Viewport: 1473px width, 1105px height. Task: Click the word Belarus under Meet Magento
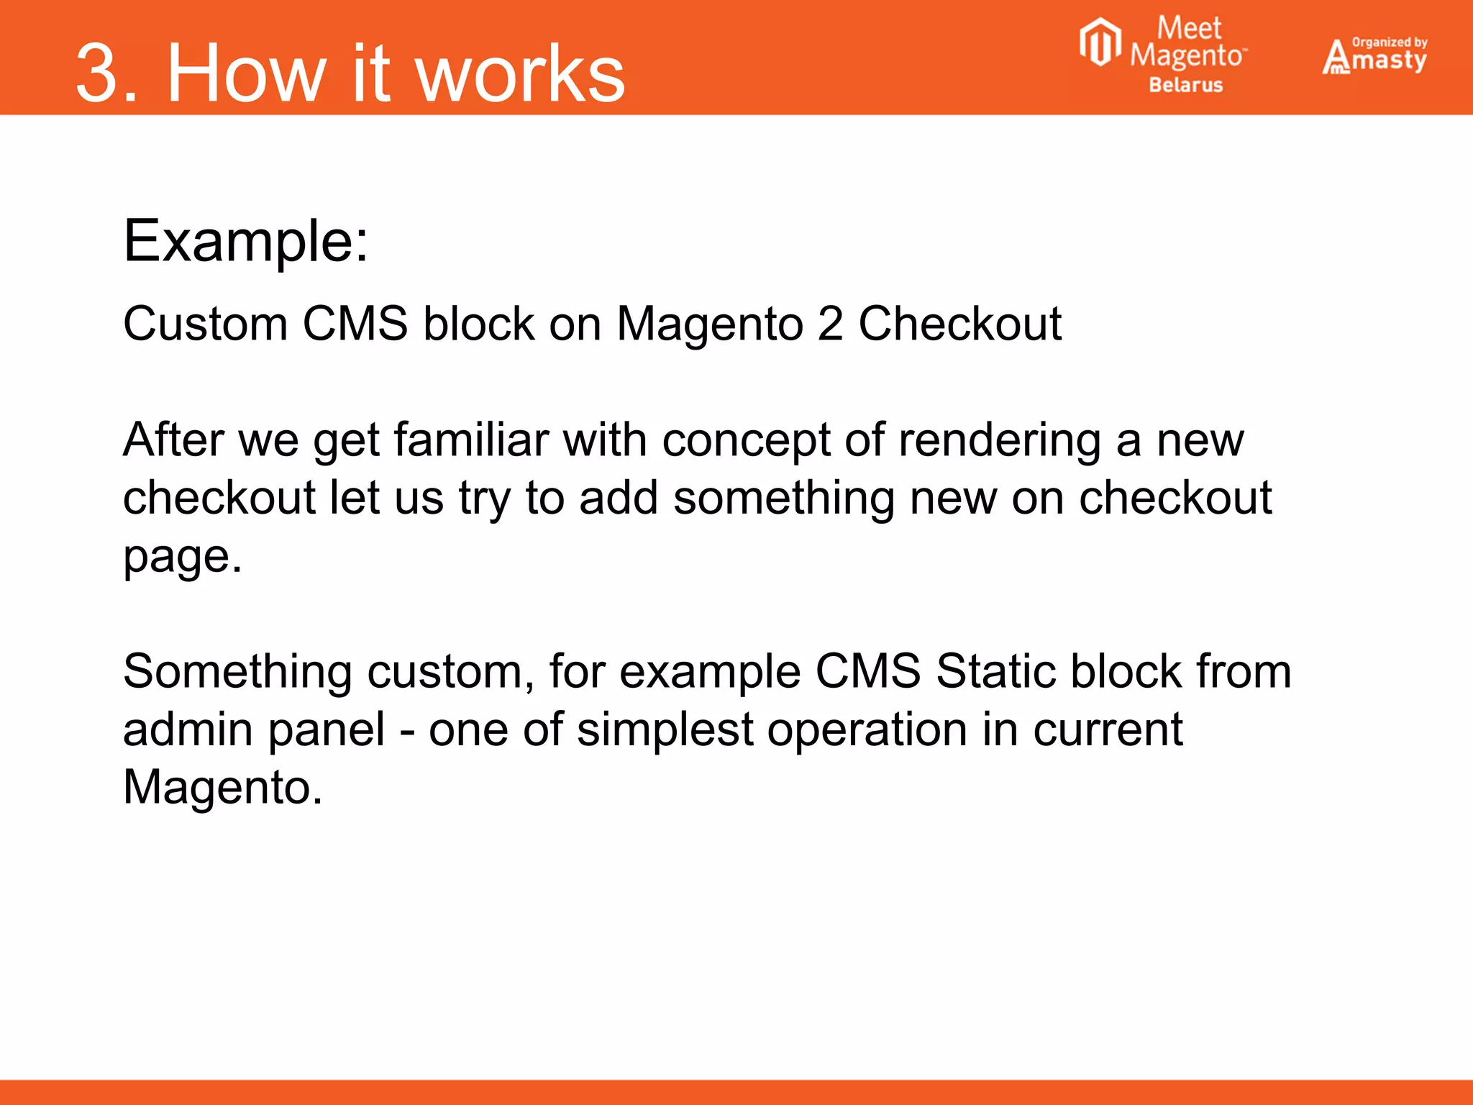(x=1185, y=85)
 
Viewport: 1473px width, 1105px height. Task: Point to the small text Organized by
(x=1390, y=42)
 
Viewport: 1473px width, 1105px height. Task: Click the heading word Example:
(x=245, y=241)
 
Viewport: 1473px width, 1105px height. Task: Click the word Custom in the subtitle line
(x=205, y=323)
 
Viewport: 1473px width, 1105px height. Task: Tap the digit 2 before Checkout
(x=830, y=323)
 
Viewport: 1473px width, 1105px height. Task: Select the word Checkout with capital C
(x=959, y=323)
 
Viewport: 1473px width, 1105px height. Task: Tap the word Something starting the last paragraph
(x=237, y=672)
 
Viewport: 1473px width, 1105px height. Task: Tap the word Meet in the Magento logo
(x=1188, y=29)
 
